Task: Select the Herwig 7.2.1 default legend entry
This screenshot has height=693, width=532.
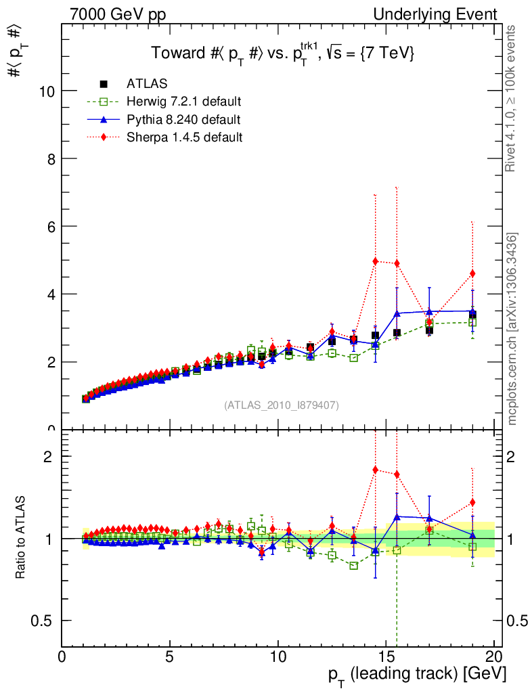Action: [183, 102]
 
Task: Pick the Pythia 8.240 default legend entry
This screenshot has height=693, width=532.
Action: [183, 120]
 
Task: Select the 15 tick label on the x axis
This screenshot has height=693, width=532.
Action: [386, 656]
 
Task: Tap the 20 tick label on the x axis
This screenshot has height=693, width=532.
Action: [494, 656]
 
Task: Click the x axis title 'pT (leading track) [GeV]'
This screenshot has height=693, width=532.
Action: [417, 675]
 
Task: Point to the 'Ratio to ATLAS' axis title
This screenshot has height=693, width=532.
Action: [21, 538]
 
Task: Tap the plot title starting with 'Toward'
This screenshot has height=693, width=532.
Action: [282, 54]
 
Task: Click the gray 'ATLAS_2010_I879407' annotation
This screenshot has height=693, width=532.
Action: [282, 405]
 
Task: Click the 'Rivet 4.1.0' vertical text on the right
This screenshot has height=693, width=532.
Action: [512, 98]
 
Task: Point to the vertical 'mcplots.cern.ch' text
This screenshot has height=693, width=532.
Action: [512, 329]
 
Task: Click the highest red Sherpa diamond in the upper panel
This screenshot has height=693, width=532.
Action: [376, 261]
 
